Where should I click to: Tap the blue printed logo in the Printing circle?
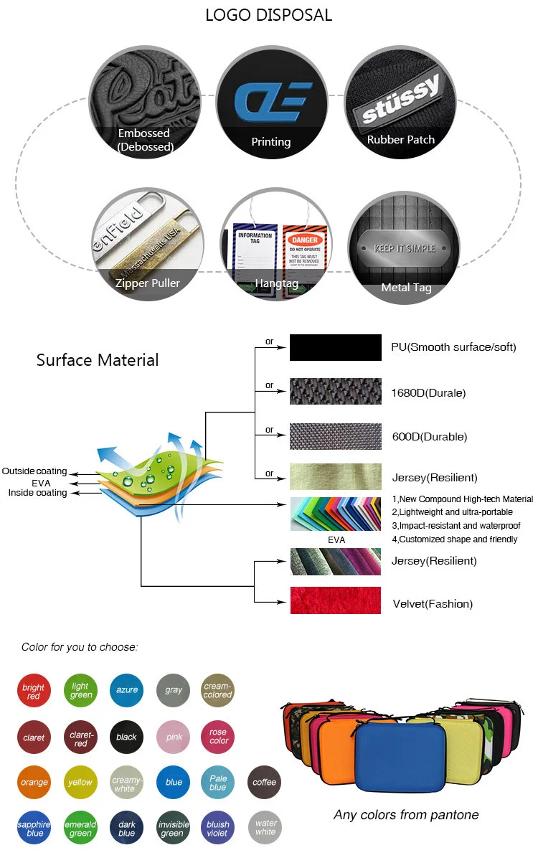(x=274, y=101)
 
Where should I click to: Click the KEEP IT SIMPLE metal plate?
(x=405, y=249)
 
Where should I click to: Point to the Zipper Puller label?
(x=148, y=283)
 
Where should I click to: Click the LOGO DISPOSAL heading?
(x=269, y=15)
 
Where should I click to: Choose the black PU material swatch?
(x=335, y=347)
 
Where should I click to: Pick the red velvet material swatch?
(x=335, y=600)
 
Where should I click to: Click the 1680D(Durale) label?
(x=428, y=392)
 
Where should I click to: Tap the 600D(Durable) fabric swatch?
(x=335, y=436)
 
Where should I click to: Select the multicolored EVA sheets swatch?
(x=335, y=514)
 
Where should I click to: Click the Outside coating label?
(x=34, y=471)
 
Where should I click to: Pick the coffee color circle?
(x=264, y=782)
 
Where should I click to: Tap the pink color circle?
(x=173, y=737)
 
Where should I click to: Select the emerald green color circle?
(x=80, y=828)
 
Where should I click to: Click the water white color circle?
(x=265, y=828)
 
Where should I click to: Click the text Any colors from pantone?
(x=406, y=814)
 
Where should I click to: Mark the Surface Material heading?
(x=98, y=359)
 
